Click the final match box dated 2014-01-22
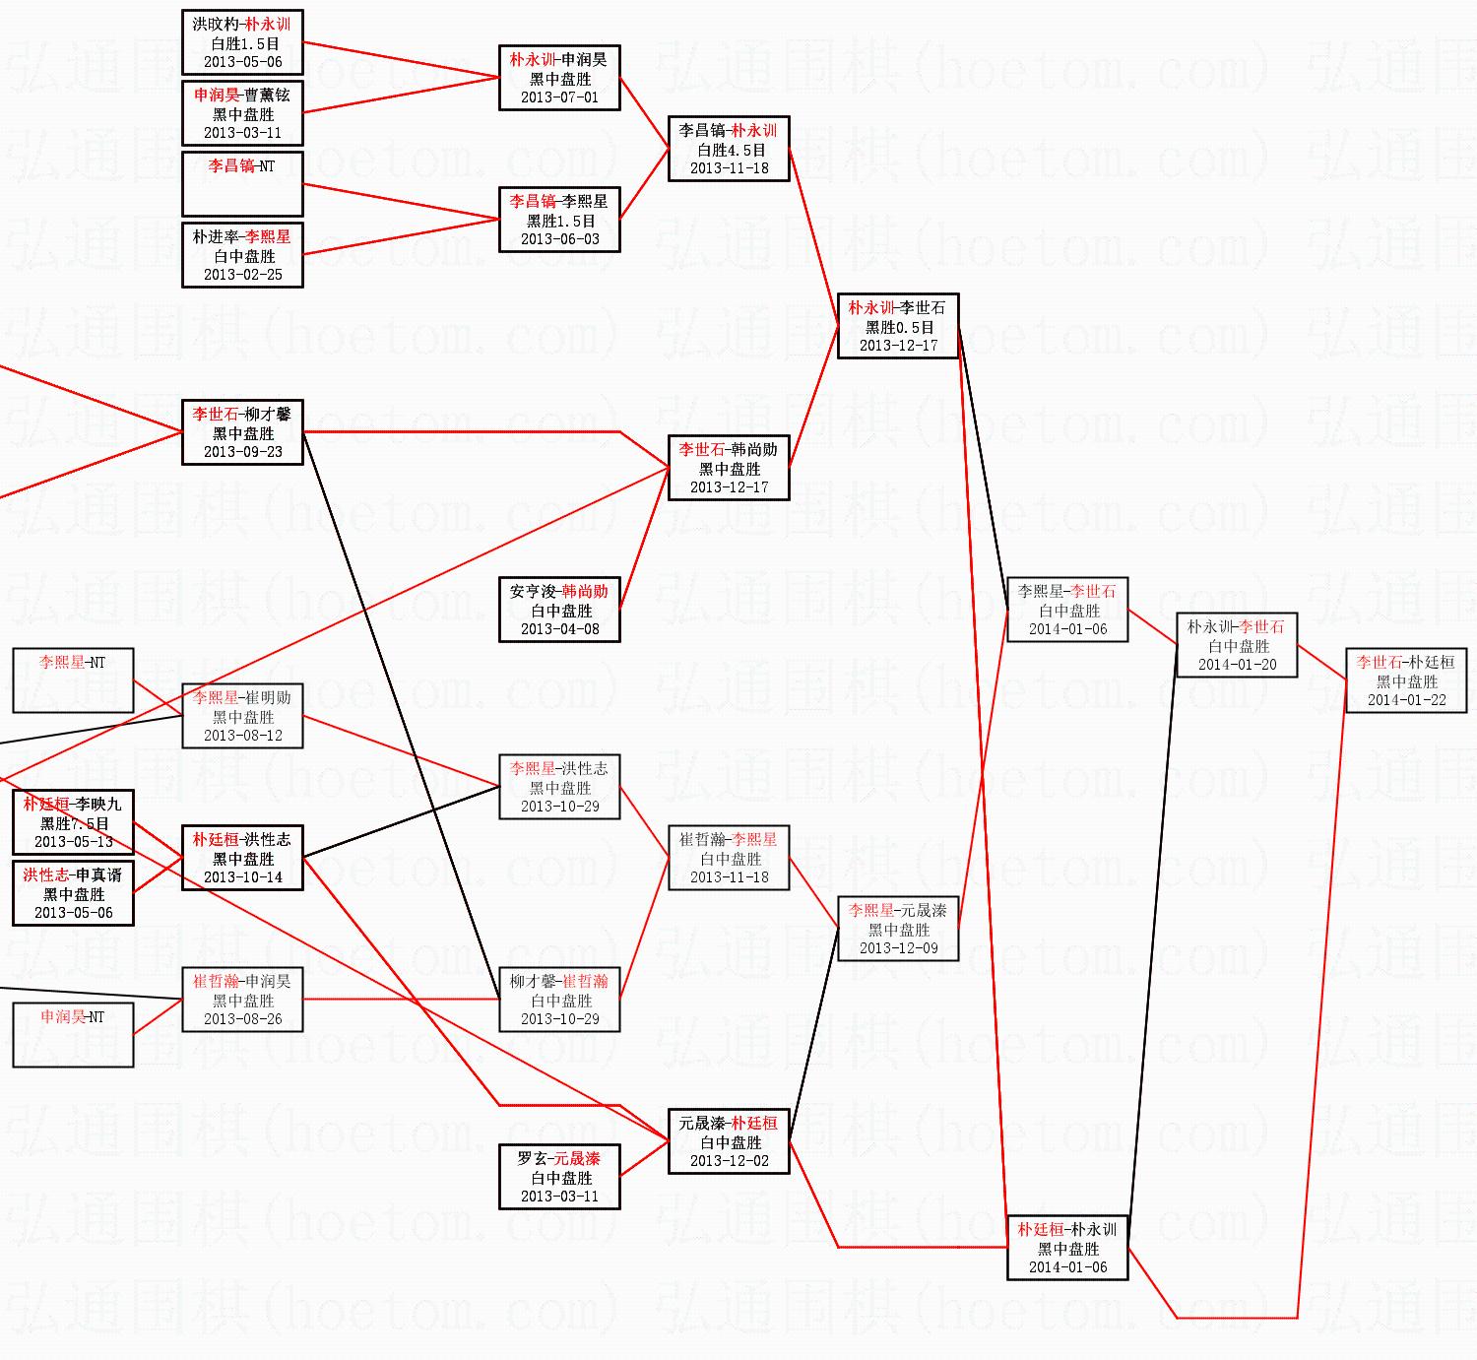pos(1406,680)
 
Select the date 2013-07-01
pos(559,97)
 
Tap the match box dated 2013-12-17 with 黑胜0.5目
pos(898,326)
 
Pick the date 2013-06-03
pos(559,239)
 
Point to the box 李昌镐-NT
pos(242,184)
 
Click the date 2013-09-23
pos(242,452)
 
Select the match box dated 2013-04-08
pos(559,610)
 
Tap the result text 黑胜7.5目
pos(74,823)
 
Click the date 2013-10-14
pos(242,877)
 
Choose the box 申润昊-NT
pos(73,1034)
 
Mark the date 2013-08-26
pos(242,1019)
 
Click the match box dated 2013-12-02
pos(729,1141)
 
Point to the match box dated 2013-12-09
pos(898,929)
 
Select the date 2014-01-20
pos(1237,665)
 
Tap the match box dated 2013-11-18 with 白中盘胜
pos(729,858)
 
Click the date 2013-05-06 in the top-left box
pos(242,62)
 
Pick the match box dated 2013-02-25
pos(242,255)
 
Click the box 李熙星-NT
pos(73,680)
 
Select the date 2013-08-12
pos(242,736)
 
